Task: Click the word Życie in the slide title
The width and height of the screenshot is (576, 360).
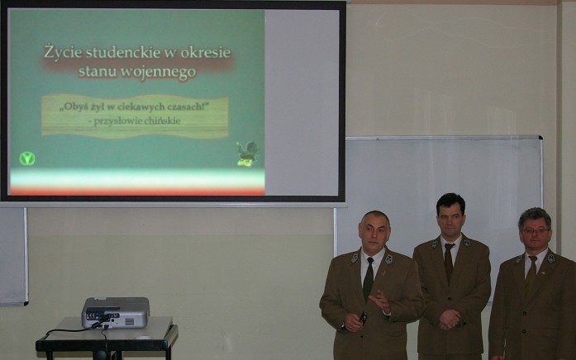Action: [x=63, y=52]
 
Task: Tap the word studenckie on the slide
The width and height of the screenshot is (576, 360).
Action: [x=123, y=52]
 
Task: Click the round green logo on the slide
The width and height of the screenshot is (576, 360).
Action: [x=27, y=159]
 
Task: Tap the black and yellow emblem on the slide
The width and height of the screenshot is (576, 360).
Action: [x=247, y=154]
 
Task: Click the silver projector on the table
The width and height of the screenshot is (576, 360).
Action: [x=116, y=312]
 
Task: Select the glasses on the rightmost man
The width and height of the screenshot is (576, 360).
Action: [x=536, y=230]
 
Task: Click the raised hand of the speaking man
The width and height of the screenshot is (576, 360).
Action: [x=381, y=301]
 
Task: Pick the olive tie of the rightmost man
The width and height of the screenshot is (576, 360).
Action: [x=531, y=274]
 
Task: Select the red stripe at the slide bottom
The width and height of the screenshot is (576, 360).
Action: [x=137, y=192]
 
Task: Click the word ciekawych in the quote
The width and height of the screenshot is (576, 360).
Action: [x=141, y=107]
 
